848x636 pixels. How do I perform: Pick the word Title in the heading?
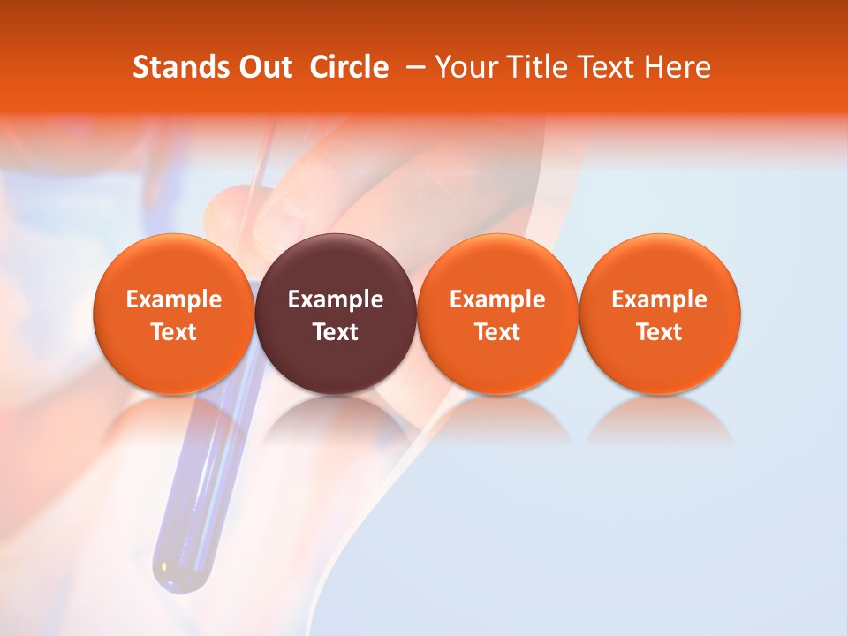pyautogui.click(x=535, y=67)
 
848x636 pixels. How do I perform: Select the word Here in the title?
pyautogui.click(x=679, y=67)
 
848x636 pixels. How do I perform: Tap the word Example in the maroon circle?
pyautogui.click(x=336, y=299)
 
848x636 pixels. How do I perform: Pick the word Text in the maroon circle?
pyautogui.click(x=336, y=332)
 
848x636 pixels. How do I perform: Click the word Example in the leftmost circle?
pyautogui.click(x=173, y=299)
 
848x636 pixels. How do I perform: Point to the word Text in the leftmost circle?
pyautogui.click(x=173, y=332)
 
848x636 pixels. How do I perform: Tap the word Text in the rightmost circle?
pyautogui.click(x=659, y=332)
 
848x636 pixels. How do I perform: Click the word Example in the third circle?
pyautogui.click(x=497, y=299)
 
